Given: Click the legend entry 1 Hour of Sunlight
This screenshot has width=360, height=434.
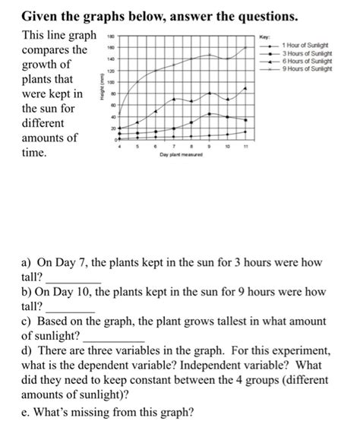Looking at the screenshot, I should pyautogui.click(x=308, y=48).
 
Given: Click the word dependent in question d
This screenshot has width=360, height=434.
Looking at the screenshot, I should pyautogui.click(x=105, y=366).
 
